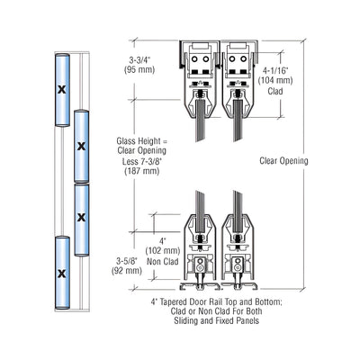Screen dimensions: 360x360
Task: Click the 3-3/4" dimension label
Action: (x=139, y=59)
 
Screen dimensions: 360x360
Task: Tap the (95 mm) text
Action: (x=139, y=69)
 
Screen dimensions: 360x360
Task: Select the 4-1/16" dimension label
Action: (x=275, y=70)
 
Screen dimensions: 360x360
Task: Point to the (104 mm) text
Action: (x=275, y=80)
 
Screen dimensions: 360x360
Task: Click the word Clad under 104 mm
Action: (x=275, y=91)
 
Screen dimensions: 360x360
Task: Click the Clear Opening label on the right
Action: (x=283, y=161)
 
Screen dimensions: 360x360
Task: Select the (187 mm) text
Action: (x=141, y=171)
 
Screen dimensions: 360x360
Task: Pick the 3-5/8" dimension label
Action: (x=126, y=260)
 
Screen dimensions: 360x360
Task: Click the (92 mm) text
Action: (x=126, y=271)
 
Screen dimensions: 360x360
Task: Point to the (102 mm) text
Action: (x=163, y=250)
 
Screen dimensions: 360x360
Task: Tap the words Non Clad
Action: (x=162, y=261)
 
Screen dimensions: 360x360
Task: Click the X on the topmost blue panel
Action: (x=62, y=89)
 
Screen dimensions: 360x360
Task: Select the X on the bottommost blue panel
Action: (x=62, y=273)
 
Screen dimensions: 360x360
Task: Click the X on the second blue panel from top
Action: (x=81, y=146)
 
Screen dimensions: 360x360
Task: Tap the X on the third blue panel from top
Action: (x=81, y=217)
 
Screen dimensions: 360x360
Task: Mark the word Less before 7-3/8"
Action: (x=130, y=161)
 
